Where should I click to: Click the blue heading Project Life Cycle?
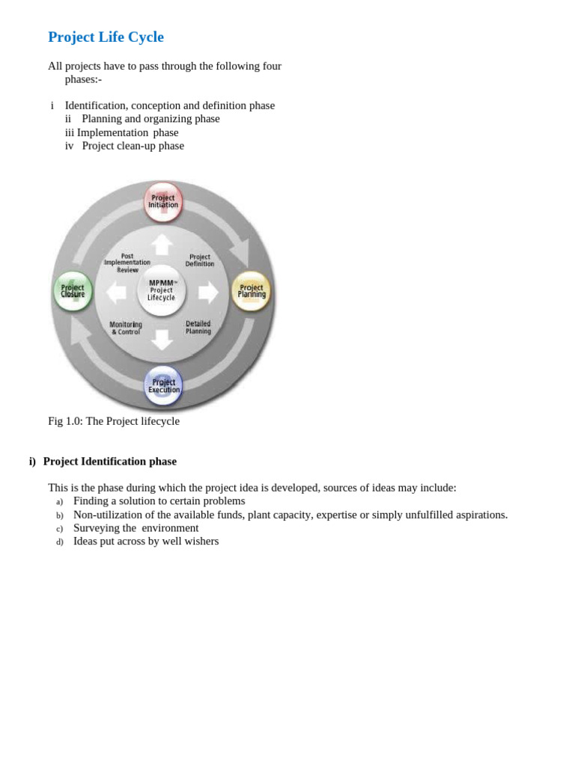pyautogui.click(x=106, y=37)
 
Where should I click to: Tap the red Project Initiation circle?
pyautogui.click(x=163, y=202)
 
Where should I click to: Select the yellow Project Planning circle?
pyautogui.click(x=252, y=291)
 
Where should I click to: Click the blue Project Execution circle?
pyautogui.click(x=163, y=385)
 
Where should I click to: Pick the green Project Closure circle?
pyautogui.click(x=73, y=291)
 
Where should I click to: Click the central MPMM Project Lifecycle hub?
pyautogui.click(x=162, y=290)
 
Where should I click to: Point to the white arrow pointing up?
pyautogui.click(x=162, y=244)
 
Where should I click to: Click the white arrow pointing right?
pyautogui.click(x=208, y=292)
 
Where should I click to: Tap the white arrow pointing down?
pyautogui.click(x=162, y=339)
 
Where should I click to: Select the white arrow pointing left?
pyautogui.click(x=116, y=292)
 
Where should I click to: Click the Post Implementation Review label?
pyautogui.click(x=127, y=263)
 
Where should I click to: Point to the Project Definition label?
pyautogui.click(x=200, y=260)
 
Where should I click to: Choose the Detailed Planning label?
pyautogui.click(x=198, y=328)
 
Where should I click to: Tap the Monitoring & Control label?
pyautogui.click(x=126, y=328)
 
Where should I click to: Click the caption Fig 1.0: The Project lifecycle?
pyautogui.click(x=114, y=421)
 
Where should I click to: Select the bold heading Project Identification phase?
pyautogui.click(x=109, y=462)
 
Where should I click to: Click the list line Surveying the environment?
pyautogui.click(x=136, y=528)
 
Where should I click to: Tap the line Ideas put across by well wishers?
pyautogui.click(x=146, y=542)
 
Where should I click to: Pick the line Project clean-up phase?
pyautogui.click(x=133, y=146)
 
